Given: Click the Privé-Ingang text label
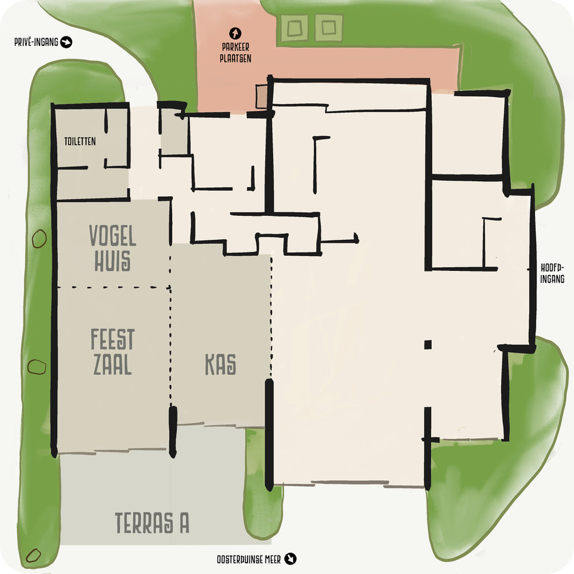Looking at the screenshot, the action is tap(36, 42).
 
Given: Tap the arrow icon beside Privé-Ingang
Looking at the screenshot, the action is tap(66, 42).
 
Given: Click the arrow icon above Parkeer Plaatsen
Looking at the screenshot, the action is tap(235, 33).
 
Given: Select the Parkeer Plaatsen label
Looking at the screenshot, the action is tap(236, 53).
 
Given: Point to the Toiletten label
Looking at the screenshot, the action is tap(80, 141).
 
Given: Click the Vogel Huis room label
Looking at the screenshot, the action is tap(112, 248).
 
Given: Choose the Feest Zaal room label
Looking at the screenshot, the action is tap(112, 352).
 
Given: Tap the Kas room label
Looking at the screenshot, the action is tap(221, 364).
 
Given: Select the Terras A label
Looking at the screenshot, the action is tap(152, 523).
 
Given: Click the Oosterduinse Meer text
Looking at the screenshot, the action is tap(249, 560).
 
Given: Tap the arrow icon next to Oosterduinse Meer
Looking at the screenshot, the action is tap(291, 558).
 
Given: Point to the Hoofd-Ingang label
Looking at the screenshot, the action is tap(552, 273).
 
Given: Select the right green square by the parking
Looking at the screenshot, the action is tap(329, 28).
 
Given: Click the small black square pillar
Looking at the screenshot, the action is tap(428, 344).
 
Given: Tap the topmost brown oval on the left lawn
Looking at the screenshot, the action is tap(39, 239).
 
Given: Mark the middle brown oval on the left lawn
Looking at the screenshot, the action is tap(37, 367).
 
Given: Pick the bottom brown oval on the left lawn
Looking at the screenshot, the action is tap(33, 555).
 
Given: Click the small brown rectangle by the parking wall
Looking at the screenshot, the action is tap(262, 97).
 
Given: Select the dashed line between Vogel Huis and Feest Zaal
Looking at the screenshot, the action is tap(114, 288).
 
